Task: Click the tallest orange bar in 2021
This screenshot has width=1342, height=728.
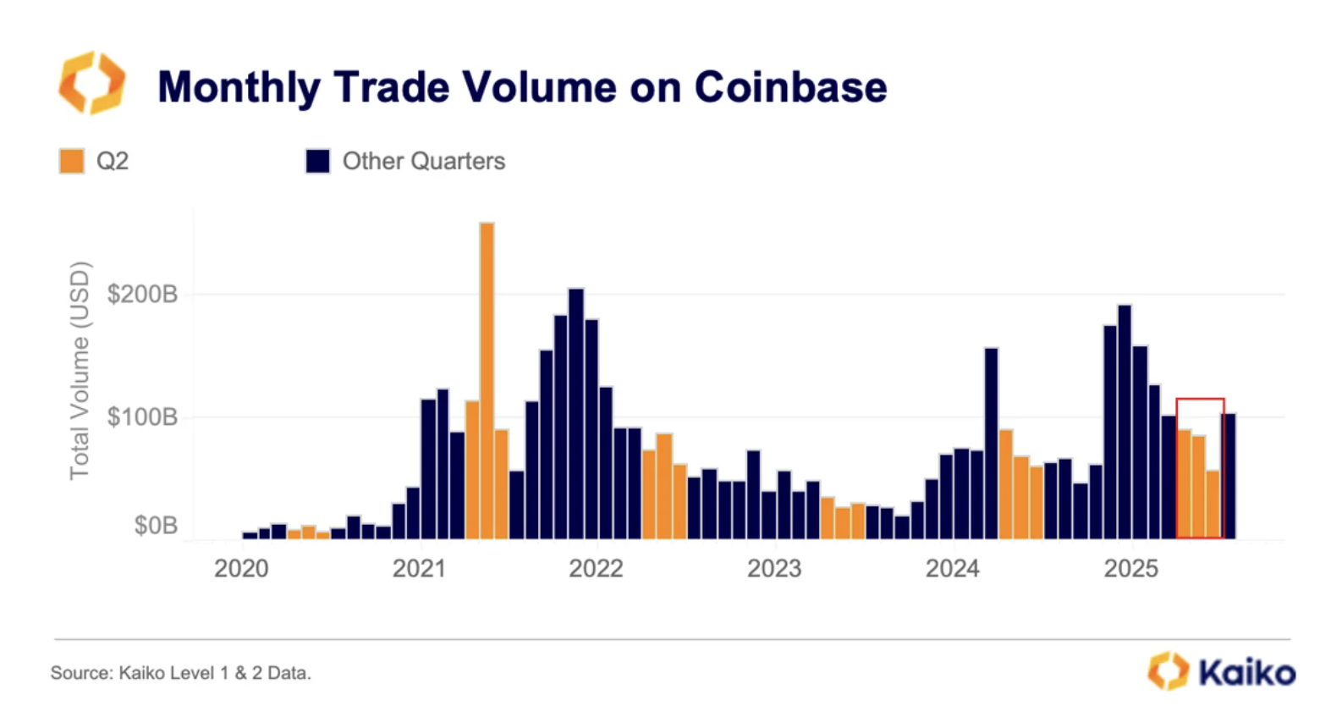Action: point(487,381)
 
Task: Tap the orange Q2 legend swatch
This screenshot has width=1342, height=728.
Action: point(72,161)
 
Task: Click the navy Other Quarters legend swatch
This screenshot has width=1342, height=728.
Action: point(317,161)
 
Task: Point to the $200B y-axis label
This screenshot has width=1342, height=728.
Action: point(142,295)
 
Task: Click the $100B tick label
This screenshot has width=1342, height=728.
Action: point(142,417)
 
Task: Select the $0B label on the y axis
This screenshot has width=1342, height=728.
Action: point(156,526)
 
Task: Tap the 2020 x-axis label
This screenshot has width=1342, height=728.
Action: point(241,569)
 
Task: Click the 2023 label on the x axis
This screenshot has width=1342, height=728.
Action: point(774,569)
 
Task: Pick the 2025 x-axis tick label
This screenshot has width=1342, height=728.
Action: point(1130,569)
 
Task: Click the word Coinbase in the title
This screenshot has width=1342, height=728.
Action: point(790,87)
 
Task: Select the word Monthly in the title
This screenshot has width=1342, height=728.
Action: point(239,87)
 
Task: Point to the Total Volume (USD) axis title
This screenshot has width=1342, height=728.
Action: point(80,371)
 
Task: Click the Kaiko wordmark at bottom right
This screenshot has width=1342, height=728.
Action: point(1246,673)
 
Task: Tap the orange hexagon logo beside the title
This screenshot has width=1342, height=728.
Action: point(91,82)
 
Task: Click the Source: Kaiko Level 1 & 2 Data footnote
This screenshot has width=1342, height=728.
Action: point(181,673)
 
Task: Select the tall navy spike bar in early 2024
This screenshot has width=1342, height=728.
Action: point(991,444)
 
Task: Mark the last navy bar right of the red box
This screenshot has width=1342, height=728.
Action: point(1229,476)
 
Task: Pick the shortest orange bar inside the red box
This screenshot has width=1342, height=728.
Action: point(1213,505)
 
